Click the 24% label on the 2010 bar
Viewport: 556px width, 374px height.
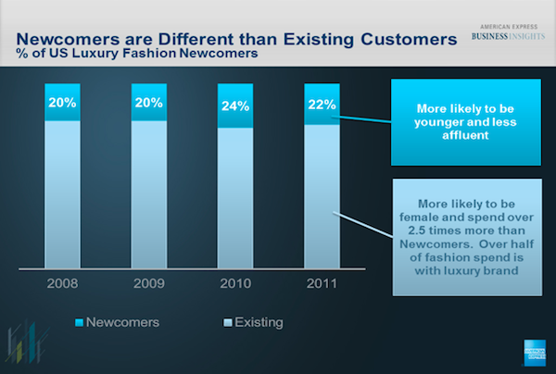pyautogui.click(x=235, y=106)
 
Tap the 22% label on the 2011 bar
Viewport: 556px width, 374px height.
pyautogui.click(x=322, y=105)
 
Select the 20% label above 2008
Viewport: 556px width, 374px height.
pyautogui.click(x=63, y=103)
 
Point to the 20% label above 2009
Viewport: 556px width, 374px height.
pyautogui.click(x=149, y=103)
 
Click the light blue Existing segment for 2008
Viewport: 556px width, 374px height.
pyautogui.click(x=63, y=194)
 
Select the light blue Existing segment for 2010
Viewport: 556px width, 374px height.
pyautogui.click(x=235, y=199)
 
